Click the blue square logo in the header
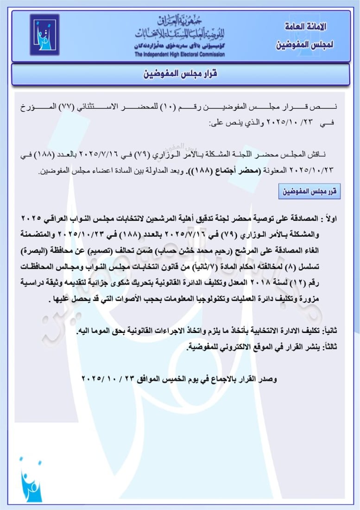pos(44,35)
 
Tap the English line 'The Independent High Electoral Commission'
pos(180,54)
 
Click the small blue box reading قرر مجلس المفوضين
pos(309,191)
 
